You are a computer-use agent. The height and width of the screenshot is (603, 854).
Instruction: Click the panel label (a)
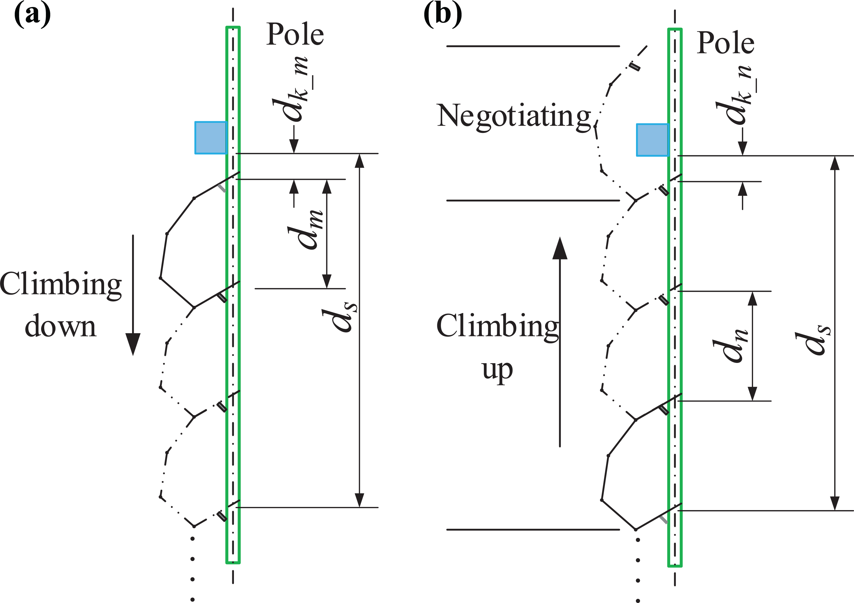pos(32,15)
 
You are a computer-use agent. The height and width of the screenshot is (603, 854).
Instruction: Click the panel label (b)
pos(443,15)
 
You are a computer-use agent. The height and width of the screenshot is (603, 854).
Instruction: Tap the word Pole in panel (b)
pos(725,43)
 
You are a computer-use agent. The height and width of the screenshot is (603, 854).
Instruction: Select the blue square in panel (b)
pos(653,140)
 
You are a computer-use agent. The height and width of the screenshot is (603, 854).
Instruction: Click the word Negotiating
pos(514,117)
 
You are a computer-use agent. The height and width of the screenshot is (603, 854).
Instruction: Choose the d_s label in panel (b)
pos(813,340)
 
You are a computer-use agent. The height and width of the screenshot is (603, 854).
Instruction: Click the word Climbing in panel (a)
pos(61,285)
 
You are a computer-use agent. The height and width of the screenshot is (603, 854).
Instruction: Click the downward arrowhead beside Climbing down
pos(133,344)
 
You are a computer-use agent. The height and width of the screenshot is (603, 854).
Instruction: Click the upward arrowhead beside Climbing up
pos(560,248)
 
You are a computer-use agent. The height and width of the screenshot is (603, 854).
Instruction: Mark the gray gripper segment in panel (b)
pos(663,519)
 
